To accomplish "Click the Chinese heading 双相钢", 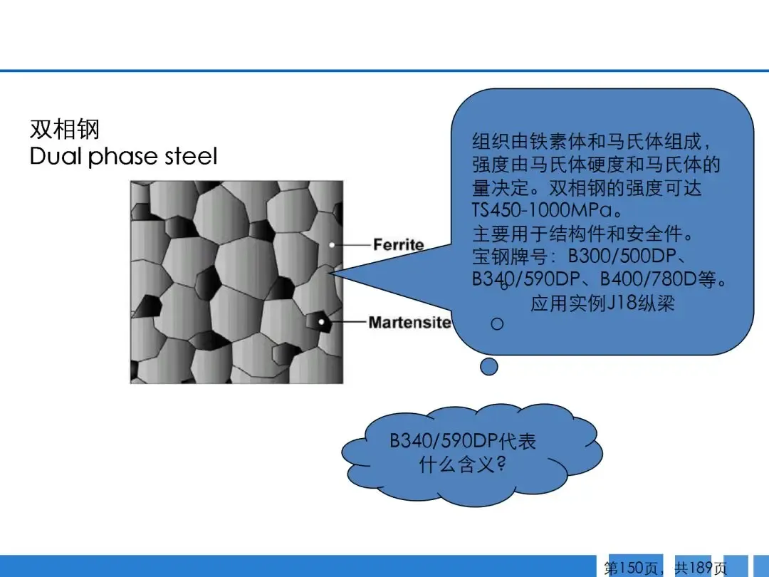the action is click(x=65, y=129).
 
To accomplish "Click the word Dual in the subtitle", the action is click(x=56, y=156).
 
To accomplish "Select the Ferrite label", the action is click(x=398, y=244).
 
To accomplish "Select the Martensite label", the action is click(x=409, y=323).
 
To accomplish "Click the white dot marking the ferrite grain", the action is click(x=332, y=244).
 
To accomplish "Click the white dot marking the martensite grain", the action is click(x=321, y=322).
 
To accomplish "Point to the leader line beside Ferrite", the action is click(x=352, y=244).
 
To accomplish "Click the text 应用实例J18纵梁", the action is click(x=603, y=303).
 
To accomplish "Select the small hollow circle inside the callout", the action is click(x=497, y=324).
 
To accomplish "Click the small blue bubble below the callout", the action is click(x=489, y=367).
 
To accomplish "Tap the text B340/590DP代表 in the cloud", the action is click(x=463, y=441).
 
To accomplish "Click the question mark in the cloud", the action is click(x=501, y=463).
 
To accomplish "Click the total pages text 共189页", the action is click(x=701, y=568).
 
